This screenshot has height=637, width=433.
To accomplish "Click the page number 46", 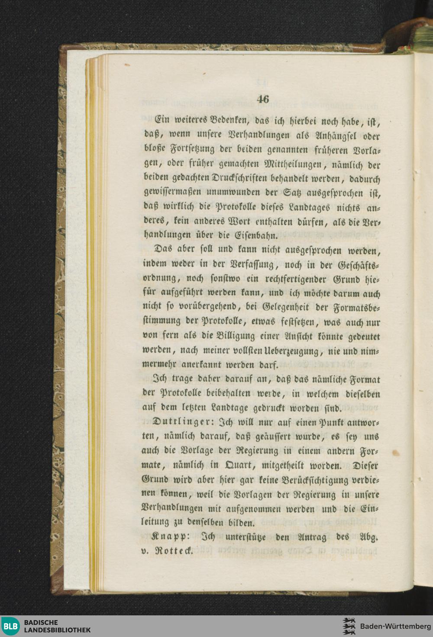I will coord(263,99).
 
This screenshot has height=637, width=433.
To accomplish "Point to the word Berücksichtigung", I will coord(315,480).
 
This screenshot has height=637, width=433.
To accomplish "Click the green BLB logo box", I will coord(10,626).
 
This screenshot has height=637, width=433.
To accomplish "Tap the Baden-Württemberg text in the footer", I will coord(395,626).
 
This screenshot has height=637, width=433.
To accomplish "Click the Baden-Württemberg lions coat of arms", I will coord(349,626).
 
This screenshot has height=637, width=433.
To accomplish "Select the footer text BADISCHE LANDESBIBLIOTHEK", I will coord(57,626).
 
